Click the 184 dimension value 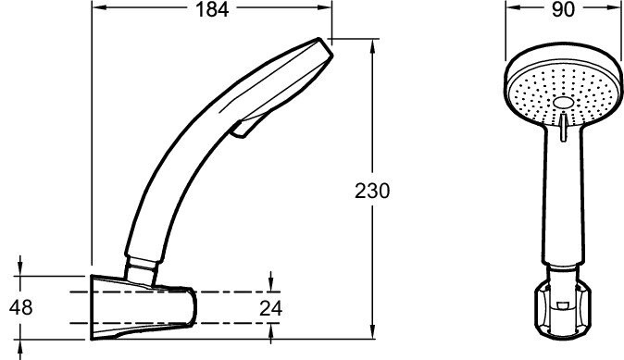pos(212,9)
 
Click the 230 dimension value pos(372,191)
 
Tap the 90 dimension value pos(563,9)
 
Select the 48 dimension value pos(21,307)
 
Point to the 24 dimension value pos(270,308)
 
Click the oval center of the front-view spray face pos(562,103)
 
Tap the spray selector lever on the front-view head pos(563,126)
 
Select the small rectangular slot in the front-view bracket pos(563,305)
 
